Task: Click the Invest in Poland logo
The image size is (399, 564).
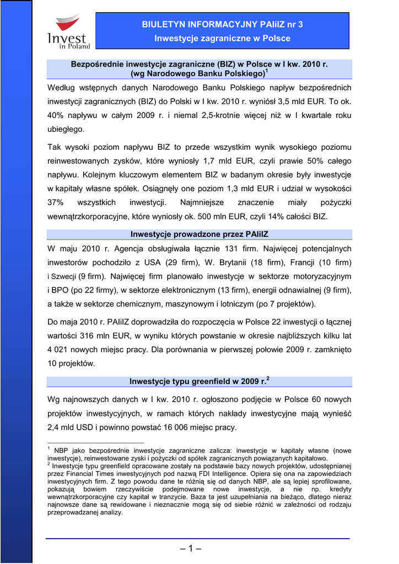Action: point(68,33)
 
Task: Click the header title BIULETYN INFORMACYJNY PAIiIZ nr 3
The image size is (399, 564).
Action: point(222,24)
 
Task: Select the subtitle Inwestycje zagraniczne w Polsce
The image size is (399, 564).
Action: point(222,39)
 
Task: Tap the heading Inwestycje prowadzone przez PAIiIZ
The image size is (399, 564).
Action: point(199,235)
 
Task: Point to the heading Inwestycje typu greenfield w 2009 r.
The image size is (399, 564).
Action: point(199,381)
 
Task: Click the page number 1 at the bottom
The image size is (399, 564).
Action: point(191,549)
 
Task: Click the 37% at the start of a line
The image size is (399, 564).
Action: point(56,203)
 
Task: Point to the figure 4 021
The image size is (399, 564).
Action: point(60,350)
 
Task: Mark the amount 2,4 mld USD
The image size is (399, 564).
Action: point(71,427)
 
